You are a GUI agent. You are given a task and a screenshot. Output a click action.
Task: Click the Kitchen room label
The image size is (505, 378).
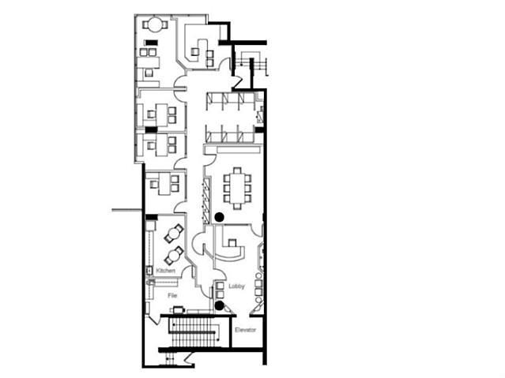tap(165, 271)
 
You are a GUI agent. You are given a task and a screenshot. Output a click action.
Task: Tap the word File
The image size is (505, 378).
tap(172, 295)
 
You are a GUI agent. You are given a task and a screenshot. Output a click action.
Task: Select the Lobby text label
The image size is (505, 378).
tap(237, 286)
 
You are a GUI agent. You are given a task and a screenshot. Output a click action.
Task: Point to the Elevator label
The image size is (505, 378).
tap(246, 330)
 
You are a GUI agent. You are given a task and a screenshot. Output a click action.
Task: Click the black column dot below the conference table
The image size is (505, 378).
tap(220, 218)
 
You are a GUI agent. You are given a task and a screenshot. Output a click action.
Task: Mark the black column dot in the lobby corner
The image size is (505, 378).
tap(220, 305)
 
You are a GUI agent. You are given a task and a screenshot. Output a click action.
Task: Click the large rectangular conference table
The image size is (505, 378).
tap(237, 189)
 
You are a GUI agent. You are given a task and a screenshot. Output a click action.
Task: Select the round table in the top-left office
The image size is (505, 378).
tap(156, 24)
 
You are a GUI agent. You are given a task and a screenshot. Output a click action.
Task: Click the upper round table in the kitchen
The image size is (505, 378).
tap(174, 234)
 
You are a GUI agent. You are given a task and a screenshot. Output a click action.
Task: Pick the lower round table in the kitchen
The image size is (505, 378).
tap(174, 256)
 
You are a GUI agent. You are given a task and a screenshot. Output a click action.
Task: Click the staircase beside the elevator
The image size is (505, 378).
tap(194, 332)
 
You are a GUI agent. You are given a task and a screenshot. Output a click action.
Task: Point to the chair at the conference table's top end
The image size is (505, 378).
tap(237, 170)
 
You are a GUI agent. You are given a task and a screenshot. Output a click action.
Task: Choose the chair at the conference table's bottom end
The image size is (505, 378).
tap(237, 207)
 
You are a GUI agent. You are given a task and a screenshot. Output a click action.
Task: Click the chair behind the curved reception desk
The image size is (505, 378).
tap(232, 242)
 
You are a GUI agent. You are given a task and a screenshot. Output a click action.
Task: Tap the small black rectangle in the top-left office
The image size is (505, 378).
tap(151, 42)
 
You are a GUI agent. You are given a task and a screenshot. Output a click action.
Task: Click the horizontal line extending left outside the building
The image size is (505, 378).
tap(127, 211)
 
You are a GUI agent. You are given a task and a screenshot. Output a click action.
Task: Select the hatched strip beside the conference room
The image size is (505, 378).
tap(205, 201)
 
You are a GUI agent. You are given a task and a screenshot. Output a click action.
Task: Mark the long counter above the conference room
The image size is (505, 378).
tap(239, 150)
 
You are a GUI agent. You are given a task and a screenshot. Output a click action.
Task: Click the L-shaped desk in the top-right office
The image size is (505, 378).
tap(199, 51)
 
